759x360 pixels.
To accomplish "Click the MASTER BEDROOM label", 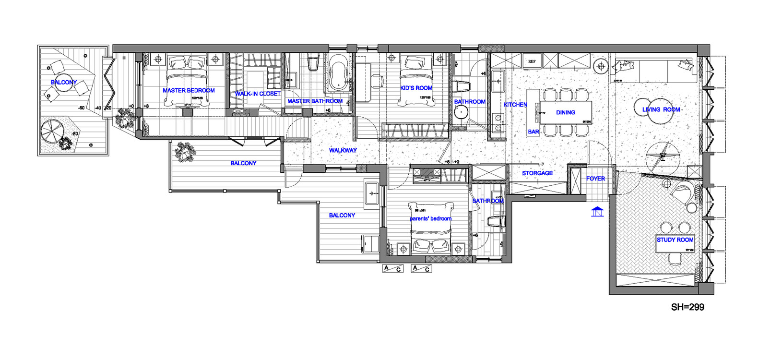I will tap(189, 90).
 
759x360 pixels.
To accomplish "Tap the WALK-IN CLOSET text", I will tap(258, 94).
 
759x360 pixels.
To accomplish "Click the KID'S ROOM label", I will tap(416, 88).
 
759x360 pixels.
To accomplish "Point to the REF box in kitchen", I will tap(532, 61).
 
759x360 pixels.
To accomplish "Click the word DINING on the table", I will tap(566, 112).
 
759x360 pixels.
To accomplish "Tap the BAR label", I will tap(534, 132).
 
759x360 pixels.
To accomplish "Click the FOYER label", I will tap(595, 178).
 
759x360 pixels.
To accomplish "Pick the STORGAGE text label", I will tap(537, 173).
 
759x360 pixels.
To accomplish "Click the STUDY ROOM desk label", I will tap(675, 240).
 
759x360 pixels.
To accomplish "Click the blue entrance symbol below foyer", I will tap(596, 211).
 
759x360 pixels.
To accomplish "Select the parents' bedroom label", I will tap(430, 218).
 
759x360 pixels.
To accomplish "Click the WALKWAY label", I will tap(343, 150).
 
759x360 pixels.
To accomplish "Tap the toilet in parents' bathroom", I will tap(494, 222).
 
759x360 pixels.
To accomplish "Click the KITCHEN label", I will tap(515, 105).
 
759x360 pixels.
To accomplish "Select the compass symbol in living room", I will tap(663, 156).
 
